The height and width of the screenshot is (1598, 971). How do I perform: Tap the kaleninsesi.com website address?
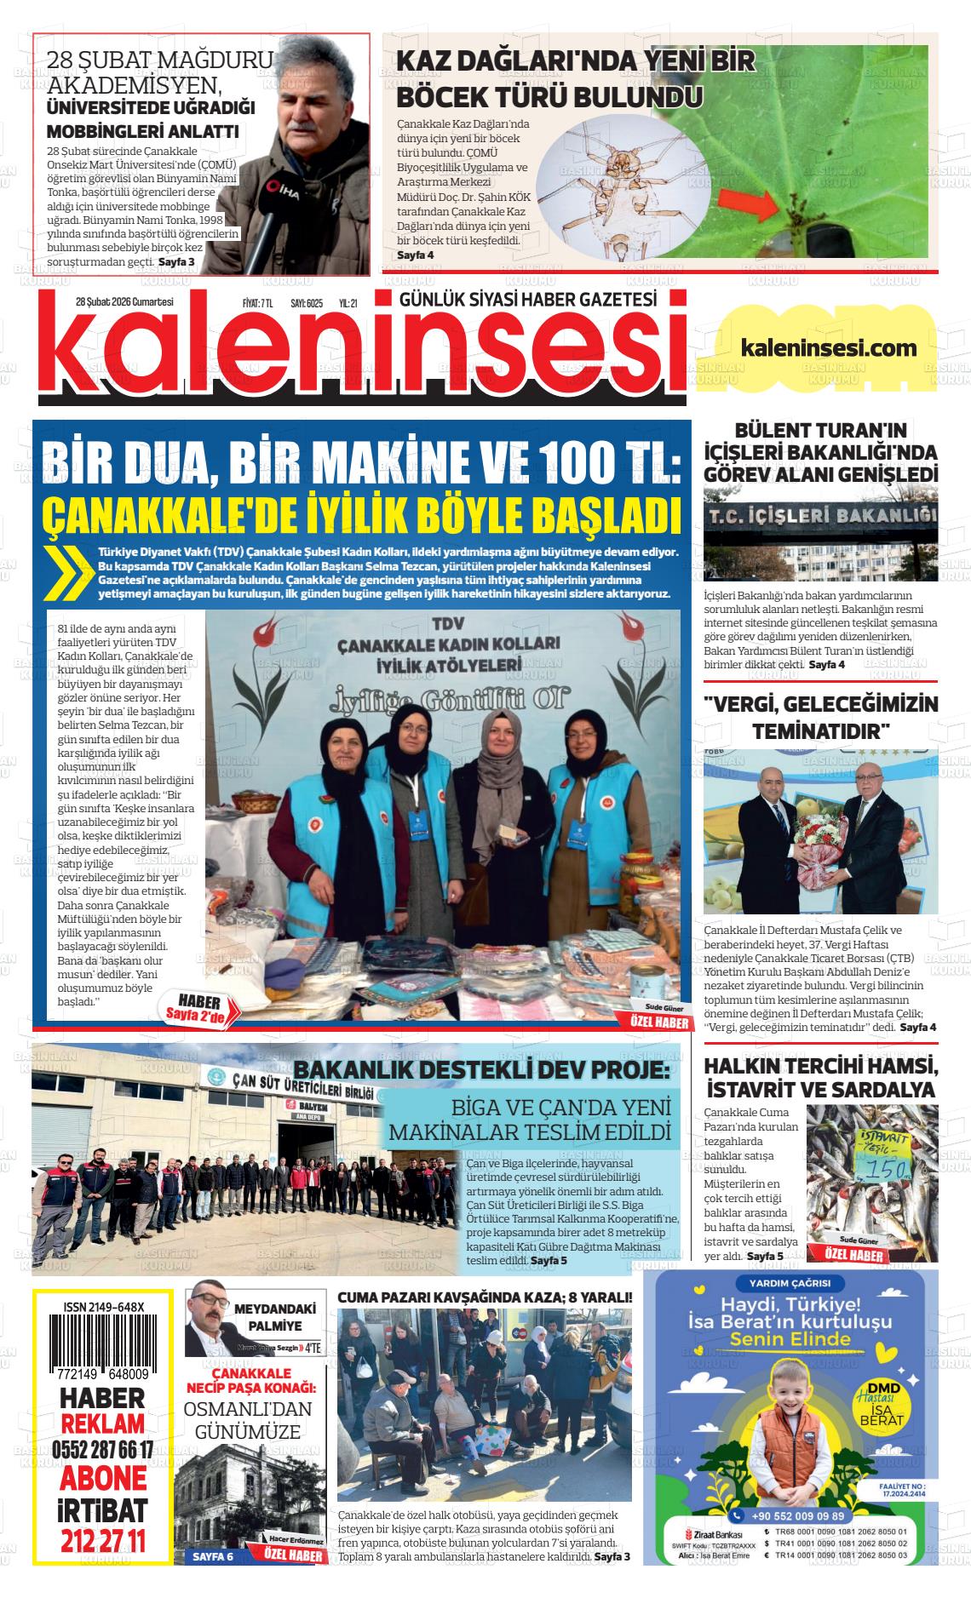[829, 347]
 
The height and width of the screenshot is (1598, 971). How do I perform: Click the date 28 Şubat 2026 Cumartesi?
[124, 301]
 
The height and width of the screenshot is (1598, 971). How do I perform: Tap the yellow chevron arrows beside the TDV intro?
[71, 571]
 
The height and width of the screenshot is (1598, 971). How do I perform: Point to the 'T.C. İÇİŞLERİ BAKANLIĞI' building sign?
[821, 515]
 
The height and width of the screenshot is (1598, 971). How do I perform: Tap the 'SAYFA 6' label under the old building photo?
[213, 1556]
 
